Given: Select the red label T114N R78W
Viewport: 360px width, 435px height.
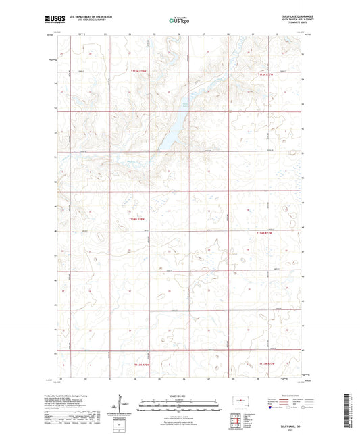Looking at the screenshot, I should [138, 218].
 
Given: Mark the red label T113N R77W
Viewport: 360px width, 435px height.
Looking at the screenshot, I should [267, 363].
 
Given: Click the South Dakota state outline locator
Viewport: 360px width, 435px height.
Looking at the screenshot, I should [235, 402].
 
